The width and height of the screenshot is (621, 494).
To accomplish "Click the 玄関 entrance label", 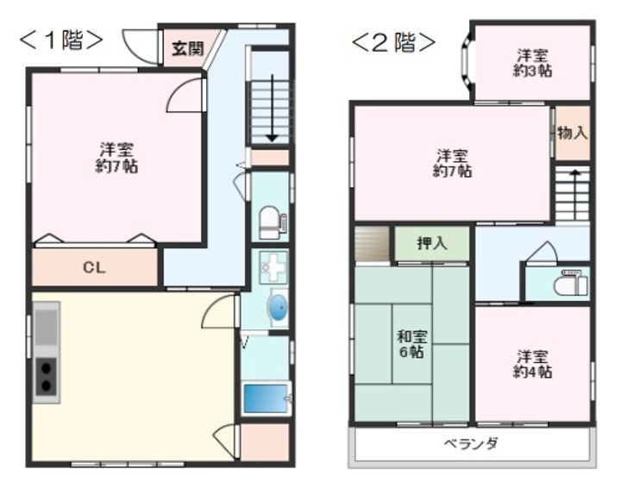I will click(x=186, y=48).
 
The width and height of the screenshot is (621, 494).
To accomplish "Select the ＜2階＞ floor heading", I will click(x=392, y=41).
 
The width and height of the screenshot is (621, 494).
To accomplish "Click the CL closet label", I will click(x=94, y=267).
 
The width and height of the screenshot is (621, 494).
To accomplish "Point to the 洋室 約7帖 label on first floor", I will click(x=116, y=158).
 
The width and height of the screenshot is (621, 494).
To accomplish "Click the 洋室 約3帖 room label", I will click(x=532, y=63).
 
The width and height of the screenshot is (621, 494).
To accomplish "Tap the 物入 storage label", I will click(x=572, y=133).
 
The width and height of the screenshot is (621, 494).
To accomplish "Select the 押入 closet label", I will click(x=432, y=244).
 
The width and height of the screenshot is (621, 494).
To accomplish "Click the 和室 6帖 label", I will click(x=411, y=344).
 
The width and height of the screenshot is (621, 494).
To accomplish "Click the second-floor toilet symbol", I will click(x=571, y=283).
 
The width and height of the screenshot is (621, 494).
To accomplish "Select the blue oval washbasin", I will click(x=278, y=306).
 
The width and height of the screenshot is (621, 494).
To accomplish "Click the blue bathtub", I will click(x=266, y=398).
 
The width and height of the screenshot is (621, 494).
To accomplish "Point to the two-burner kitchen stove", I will click(x=46, y=378).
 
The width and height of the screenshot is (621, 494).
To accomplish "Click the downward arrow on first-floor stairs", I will click(x=272, y=108).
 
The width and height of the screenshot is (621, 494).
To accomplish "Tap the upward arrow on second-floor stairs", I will click(x=572, y=190).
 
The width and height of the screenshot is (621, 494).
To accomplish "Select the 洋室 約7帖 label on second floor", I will click(x=453, y=164).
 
